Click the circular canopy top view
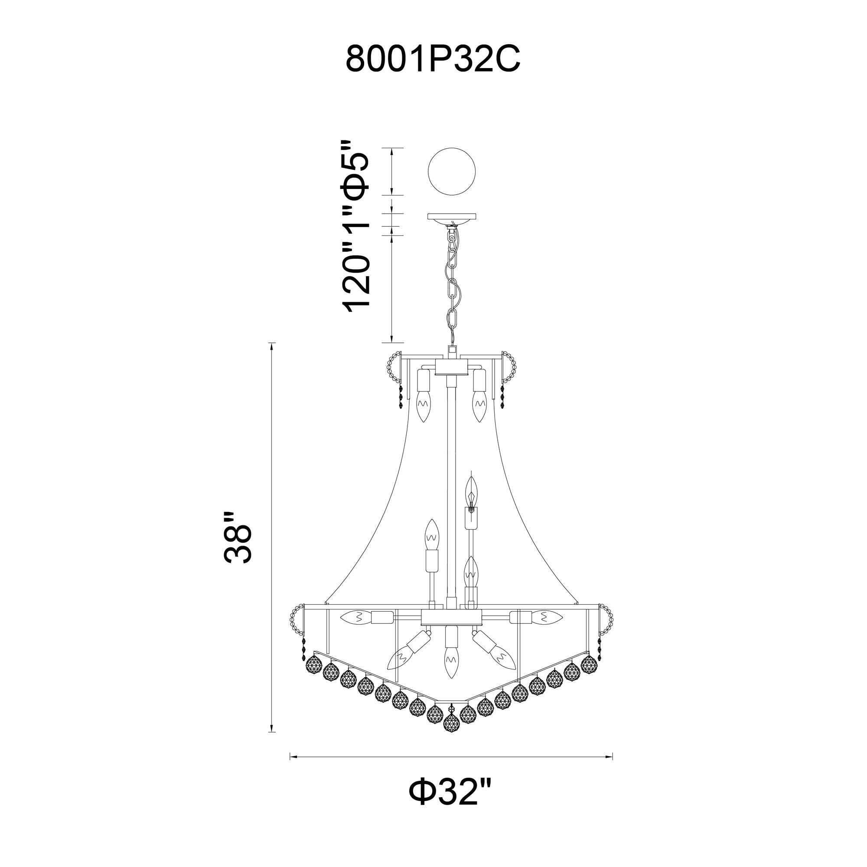tap(451, 171)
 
